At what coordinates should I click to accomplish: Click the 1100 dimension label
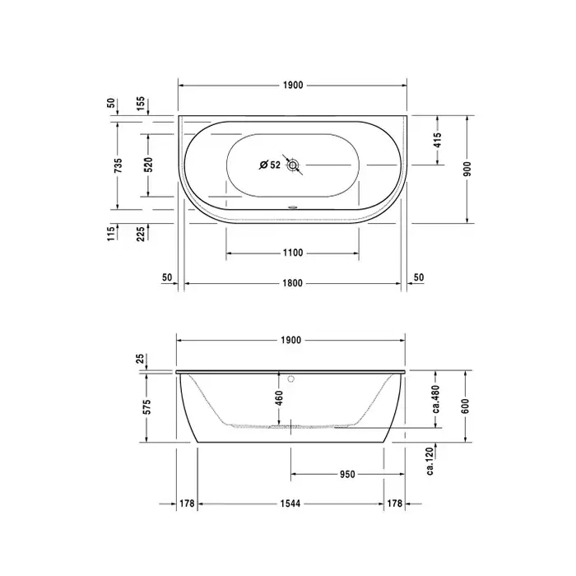pos(293,253)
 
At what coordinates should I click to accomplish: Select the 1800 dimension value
pos(293,283)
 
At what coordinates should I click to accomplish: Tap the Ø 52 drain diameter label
pos(270,165)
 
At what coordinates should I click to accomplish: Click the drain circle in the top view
pos(292,165)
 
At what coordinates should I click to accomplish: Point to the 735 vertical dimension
pos(118,165)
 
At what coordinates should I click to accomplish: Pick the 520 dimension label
pos(148,165)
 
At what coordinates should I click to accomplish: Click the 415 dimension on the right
pos(437,140)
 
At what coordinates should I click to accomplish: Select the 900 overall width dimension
pos(467,169)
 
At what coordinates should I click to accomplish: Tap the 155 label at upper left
pos(141,105)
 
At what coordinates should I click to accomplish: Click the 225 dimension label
pos(141,234)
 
